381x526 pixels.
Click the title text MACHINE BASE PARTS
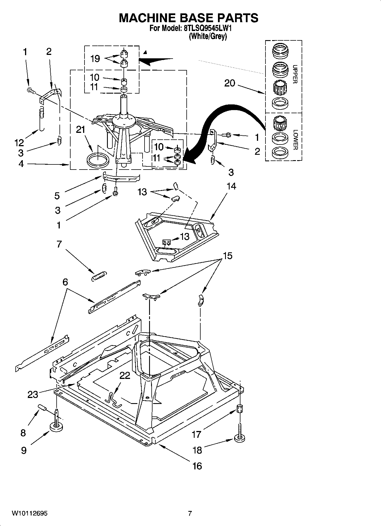(x=188, y=18)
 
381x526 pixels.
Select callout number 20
(x=230, y=83)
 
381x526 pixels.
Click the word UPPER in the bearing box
(x=295, y=74)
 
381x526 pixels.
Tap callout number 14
(x=231, y=186)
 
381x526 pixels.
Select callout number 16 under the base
(x=197, y=466)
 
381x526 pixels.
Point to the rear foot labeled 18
(x=240, y=438)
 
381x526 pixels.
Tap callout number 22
(x=125, y=376)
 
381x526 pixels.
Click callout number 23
(x=33, y=395)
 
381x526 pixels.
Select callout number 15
(x=227, y=255)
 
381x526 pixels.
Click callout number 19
(x=95, y=59)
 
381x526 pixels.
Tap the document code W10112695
(x=30, y=513)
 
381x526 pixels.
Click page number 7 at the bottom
(x=190, y=513)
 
